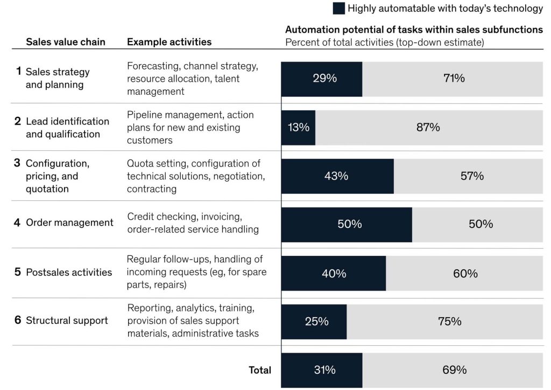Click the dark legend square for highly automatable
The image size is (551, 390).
(339, 8)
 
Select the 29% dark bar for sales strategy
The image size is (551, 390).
(321, 79)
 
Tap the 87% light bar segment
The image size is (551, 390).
(429, 128)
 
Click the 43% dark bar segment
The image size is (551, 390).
(337, 176)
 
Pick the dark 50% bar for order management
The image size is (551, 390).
(346, 224)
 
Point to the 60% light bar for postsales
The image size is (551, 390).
(464, 274)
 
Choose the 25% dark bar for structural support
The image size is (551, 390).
(314, 322)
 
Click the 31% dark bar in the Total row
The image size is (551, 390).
(321, 370)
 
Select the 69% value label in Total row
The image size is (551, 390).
(454, 370)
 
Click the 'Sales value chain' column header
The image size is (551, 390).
(66, 42)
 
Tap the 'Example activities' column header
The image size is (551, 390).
(169, 42)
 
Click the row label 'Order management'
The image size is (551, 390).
(69, 222)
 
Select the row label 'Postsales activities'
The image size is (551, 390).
(69, 272)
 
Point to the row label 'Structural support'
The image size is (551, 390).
(67, 321)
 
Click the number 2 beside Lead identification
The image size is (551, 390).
(18, 121)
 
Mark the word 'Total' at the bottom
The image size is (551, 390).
(260, 370)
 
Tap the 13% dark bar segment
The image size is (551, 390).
(298, 128)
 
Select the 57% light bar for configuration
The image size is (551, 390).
(468, 176)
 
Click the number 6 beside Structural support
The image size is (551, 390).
(18, 320)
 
